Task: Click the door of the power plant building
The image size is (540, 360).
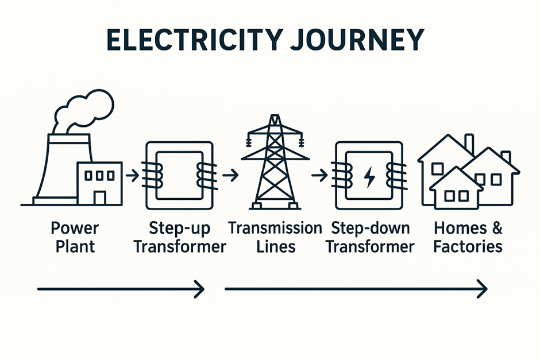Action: pos(100,197)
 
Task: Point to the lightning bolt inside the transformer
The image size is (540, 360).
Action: pos(368,176)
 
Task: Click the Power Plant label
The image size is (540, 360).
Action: pos(75,237)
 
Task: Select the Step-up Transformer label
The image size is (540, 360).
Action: pos(179,237)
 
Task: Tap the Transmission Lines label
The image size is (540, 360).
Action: pos(275,237)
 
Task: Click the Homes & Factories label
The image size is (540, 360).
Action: pos(468,237)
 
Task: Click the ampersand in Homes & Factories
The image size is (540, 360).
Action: pos(496,229)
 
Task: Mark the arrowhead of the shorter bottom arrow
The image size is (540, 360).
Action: pos(200,289)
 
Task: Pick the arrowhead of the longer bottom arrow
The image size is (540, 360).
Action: pos(483,289)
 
